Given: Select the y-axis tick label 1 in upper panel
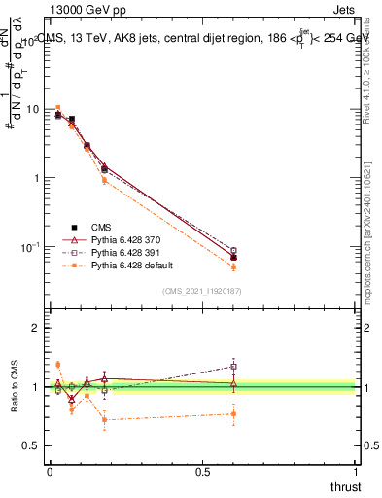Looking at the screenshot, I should coord(37,178).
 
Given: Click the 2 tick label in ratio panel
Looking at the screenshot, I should coord(36,328).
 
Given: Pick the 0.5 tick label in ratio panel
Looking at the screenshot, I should coord(31,446).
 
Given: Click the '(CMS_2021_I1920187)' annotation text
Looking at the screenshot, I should coord(203,290).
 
